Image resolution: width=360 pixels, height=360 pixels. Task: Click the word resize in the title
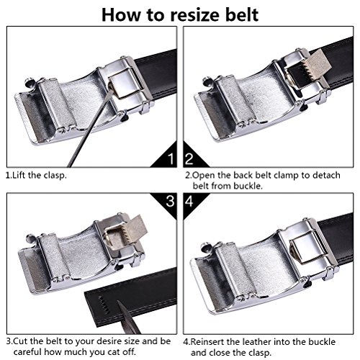(x=196, y=15)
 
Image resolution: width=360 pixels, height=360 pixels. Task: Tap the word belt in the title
(x=242, y=14)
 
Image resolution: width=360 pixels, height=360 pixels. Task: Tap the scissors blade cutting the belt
(x=128, y=318)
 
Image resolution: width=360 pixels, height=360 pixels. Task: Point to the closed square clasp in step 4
(x=309, y=247)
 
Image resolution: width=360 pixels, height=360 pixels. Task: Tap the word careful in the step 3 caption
(x=28, y=352)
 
